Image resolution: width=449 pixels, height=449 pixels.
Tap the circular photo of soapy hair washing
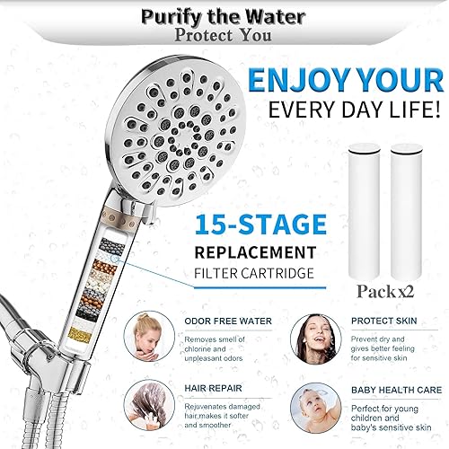(154, 412)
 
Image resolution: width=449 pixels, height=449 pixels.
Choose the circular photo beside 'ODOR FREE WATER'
(154, 338)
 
